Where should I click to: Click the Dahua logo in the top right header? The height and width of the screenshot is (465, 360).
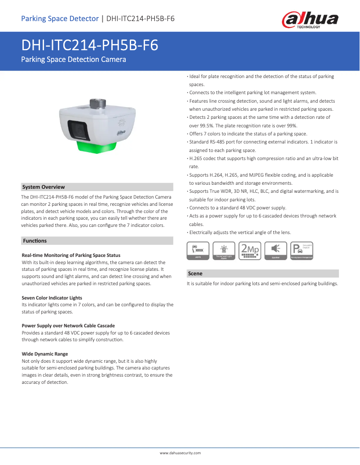(x=310, y=19)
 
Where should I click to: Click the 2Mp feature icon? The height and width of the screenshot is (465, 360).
(x=250, y=251)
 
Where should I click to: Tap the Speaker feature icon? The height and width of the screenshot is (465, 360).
(x=276, y=251)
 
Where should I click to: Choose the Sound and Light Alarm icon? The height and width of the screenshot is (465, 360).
(x=224, y=251)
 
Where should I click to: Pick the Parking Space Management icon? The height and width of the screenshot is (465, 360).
(x=301, y=251)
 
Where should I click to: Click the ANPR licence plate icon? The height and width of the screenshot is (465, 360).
(x=198, y=251)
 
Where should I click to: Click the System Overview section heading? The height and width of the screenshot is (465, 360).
(x=44, y=187)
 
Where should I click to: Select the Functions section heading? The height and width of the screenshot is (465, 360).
(x=35, y=241)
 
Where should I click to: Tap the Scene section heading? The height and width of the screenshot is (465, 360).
(x=195, y=274)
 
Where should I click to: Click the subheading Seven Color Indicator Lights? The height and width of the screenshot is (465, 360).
(x=52, y=298)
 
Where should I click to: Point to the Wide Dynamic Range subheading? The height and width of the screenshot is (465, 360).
(x=45, y=354)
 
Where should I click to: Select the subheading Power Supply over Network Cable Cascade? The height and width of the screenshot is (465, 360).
(x=68, y=326)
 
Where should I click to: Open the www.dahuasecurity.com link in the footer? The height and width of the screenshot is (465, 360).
(x=180, y=453)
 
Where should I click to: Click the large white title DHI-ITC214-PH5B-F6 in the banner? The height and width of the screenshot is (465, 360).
(x=90, y=46)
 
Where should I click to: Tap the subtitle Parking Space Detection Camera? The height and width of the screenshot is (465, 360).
(x=74, y=60)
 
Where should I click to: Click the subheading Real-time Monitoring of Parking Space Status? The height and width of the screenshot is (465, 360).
(x=71, y=255)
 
